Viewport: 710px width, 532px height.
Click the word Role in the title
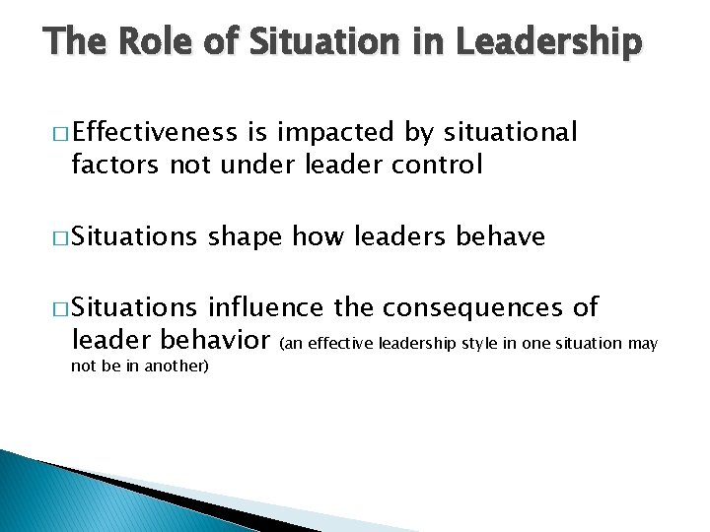(152, 42)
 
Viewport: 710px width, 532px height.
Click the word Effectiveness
(154, 132)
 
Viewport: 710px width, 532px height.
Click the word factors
(115, 165)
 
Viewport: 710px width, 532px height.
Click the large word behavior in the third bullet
(210, 341)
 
